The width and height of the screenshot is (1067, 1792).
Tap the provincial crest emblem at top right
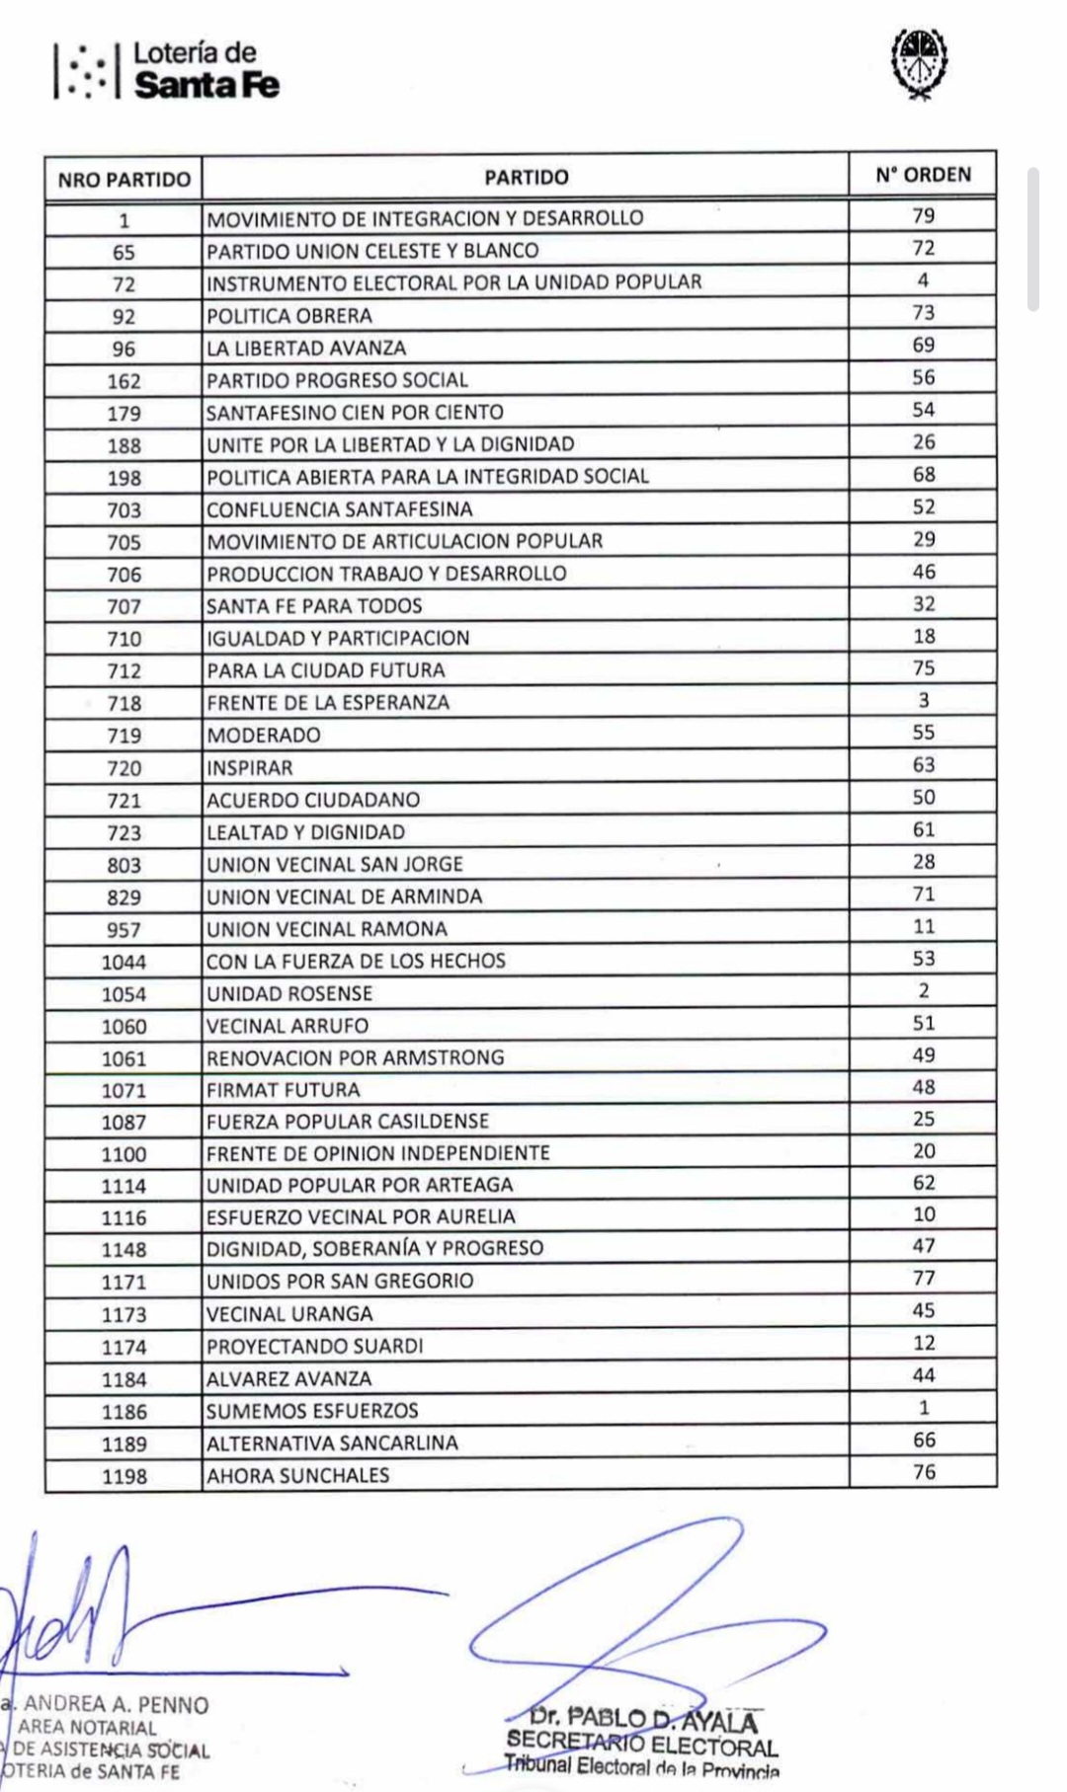[x=919, y=61]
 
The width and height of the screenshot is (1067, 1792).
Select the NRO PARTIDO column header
[x=123, y=180]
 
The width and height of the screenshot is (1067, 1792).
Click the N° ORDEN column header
[x=923, y=175]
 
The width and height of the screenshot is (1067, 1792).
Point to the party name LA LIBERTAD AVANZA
[x=306, y=348]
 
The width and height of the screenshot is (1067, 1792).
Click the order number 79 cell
[x=923, y=215]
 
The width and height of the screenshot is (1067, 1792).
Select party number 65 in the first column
[x=123, y=252]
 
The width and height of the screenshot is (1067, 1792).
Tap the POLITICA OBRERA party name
[x=289, y=316]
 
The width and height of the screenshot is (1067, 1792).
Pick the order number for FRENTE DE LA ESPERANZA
[x=923, y=700]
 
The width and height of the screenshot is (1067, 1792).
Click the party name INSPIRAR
[x=250, y=767]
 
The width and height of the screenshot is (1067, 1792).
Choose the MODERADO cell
[x=264, y=735]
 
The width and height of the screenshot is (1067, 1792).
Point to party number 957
[x=123, y=929]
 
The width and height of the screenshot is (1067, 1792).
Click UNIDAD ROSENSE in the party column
[x=289, y=993]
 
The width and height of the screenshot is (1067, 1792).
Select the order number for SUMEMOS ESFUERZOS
[x=923, y=1407]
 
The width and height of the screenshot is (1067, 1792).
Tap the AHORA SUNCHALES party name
[x=298, y=1475]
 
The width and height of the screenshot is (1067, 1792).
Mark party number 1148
[x=123, y=1250]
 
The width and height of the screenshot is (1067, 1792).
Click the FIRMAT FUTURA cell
[x=284, y=1090]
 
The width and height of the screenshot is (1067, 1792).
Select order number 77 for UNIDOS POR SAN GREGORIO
[x=923, y=1278]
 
